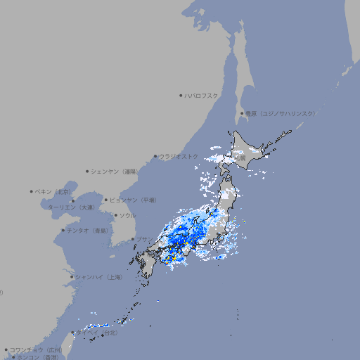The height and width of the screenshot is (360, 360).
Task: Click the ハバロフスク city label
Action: tap(202, 95)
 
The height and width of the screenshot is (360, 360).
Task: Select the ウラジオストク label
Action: tap(179, 156)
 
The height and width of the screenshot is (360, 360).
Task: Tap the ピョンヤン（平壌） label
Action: tap(133, 200)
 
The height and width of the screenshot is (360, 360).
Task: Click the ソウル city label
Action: tap(127, 215)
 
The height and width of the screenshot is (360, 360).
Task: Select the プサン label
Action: tap(143, 239)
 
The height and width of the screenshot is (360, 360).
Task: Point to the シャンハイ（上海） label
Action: tap(98, 277)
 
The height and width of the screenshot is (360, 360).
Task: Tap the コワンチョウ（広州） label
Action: tap(36, 349)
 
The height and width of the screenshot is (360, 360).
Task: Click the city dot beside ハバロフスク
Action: tap(181, 95)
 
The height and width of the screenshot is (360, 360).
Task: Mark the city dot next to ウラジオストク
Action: tap(155, 156)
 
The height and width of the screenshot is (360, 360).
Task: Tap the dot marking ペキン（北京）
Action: tap(32, 191)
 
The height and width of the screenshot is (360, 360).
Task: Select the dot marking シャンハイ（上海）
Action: tap(72, 277)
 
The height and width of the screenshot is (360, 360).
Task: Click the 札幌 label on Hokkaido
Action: tap(240, 158)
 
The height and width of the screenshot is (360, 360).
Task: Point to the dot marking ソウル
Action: tap(115, 215)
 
